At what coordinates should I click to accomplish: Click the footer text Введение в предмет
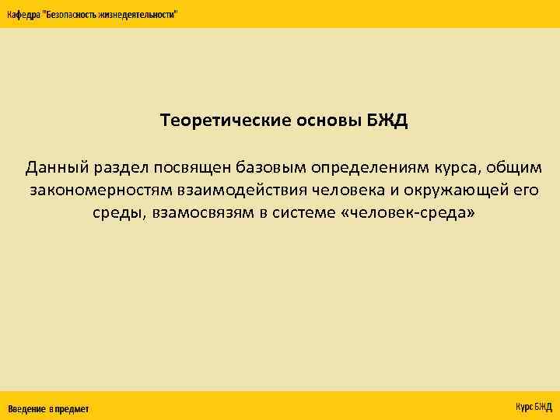coord(48,408)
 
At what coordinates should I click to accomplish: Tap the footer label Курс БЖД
coord(534,407)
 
